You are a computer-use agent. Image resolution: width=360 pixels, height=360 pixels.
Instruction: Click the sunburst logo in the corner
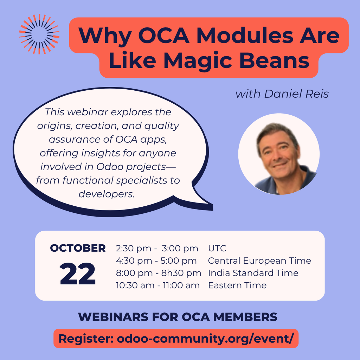click(x=39, y=34)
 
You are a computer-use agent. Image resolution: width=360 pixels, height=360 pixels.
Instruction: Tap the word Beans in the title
click(x=274, y=60)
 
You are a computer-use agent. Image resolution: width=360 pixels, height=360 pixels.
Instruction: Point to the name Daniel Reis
click(x=296, y=94)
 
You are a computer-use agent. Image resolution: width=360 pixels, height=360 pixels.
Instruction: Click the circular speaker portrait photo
click(x=279, y=154)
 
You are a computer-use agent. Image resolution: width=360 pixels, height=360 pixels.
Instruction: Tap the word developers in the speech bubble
click(x=107, y=194)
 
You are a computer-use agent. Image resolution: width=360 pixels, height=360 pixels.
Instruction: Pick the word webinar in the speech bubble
click(x=88, y=112)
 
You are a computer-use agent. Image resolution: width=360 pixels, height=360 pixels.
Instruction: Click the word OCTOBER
click(x=78, y=248)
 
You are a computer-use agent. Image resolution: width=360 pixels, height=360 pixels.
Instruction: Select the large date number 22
click(x=78, y=274)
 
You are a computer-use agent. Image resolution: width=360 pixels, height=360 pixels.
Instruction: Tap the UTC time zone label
click(x=217, y=249)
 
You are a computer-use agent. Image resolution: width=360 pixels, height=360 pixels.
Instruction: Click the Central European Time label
click(x=259, y=261)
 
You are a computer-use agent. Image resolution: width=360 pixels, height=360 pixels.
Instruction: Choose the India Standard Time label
click(x=253, y=273)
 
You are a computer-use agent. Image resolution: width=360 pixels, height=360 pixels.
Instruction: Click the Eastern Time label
click(x=237, y=285)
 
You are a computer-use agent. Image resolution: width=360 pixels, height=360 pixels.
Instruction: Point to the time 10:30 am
click(x=135, y=285)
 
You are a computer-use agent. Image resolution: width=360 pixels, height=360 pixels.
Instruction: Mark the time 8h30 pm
click(x=181, y=273)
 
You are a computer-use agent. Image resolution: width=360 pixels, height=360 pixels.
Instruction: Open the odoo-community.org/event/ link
click(x=205, y=339)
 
